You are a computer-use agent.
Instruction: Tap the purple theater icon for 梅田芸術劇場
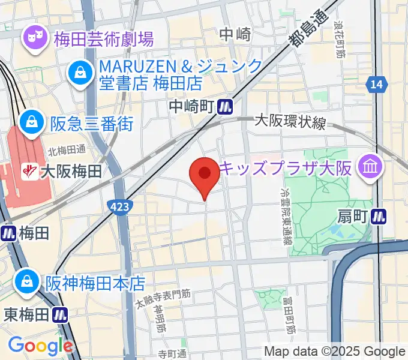point(34,39)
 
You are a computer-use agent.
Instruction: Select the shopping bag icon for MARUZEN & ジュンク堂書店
point(79,73)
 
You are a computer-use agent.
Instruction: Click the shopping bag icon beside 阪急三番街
point(29,124)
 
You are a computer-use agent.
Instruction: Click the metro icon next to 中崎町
point(226,107)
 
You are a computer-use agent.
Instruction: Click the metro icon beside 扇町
point(379,215)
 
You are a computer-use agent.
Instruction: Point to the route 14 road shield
point(376,85)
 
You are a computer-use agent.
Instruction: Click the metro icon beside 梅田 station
point(8,233)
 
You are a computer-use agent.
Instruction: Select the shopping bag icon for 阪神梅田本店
point(27,280)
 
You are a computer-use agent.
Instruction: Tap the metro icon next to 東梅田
point(59,314)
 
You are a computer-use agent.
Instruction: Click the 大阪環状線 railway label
point(290,123)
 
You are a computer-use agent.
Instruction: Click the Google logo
point(40,346)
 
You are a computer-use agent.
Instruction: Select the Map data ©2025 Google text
point(335,352)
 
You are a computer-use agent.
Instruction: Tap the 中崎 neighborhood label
point(235,35)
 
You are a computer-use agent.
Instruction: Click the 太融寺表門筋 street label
point(163,295)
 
